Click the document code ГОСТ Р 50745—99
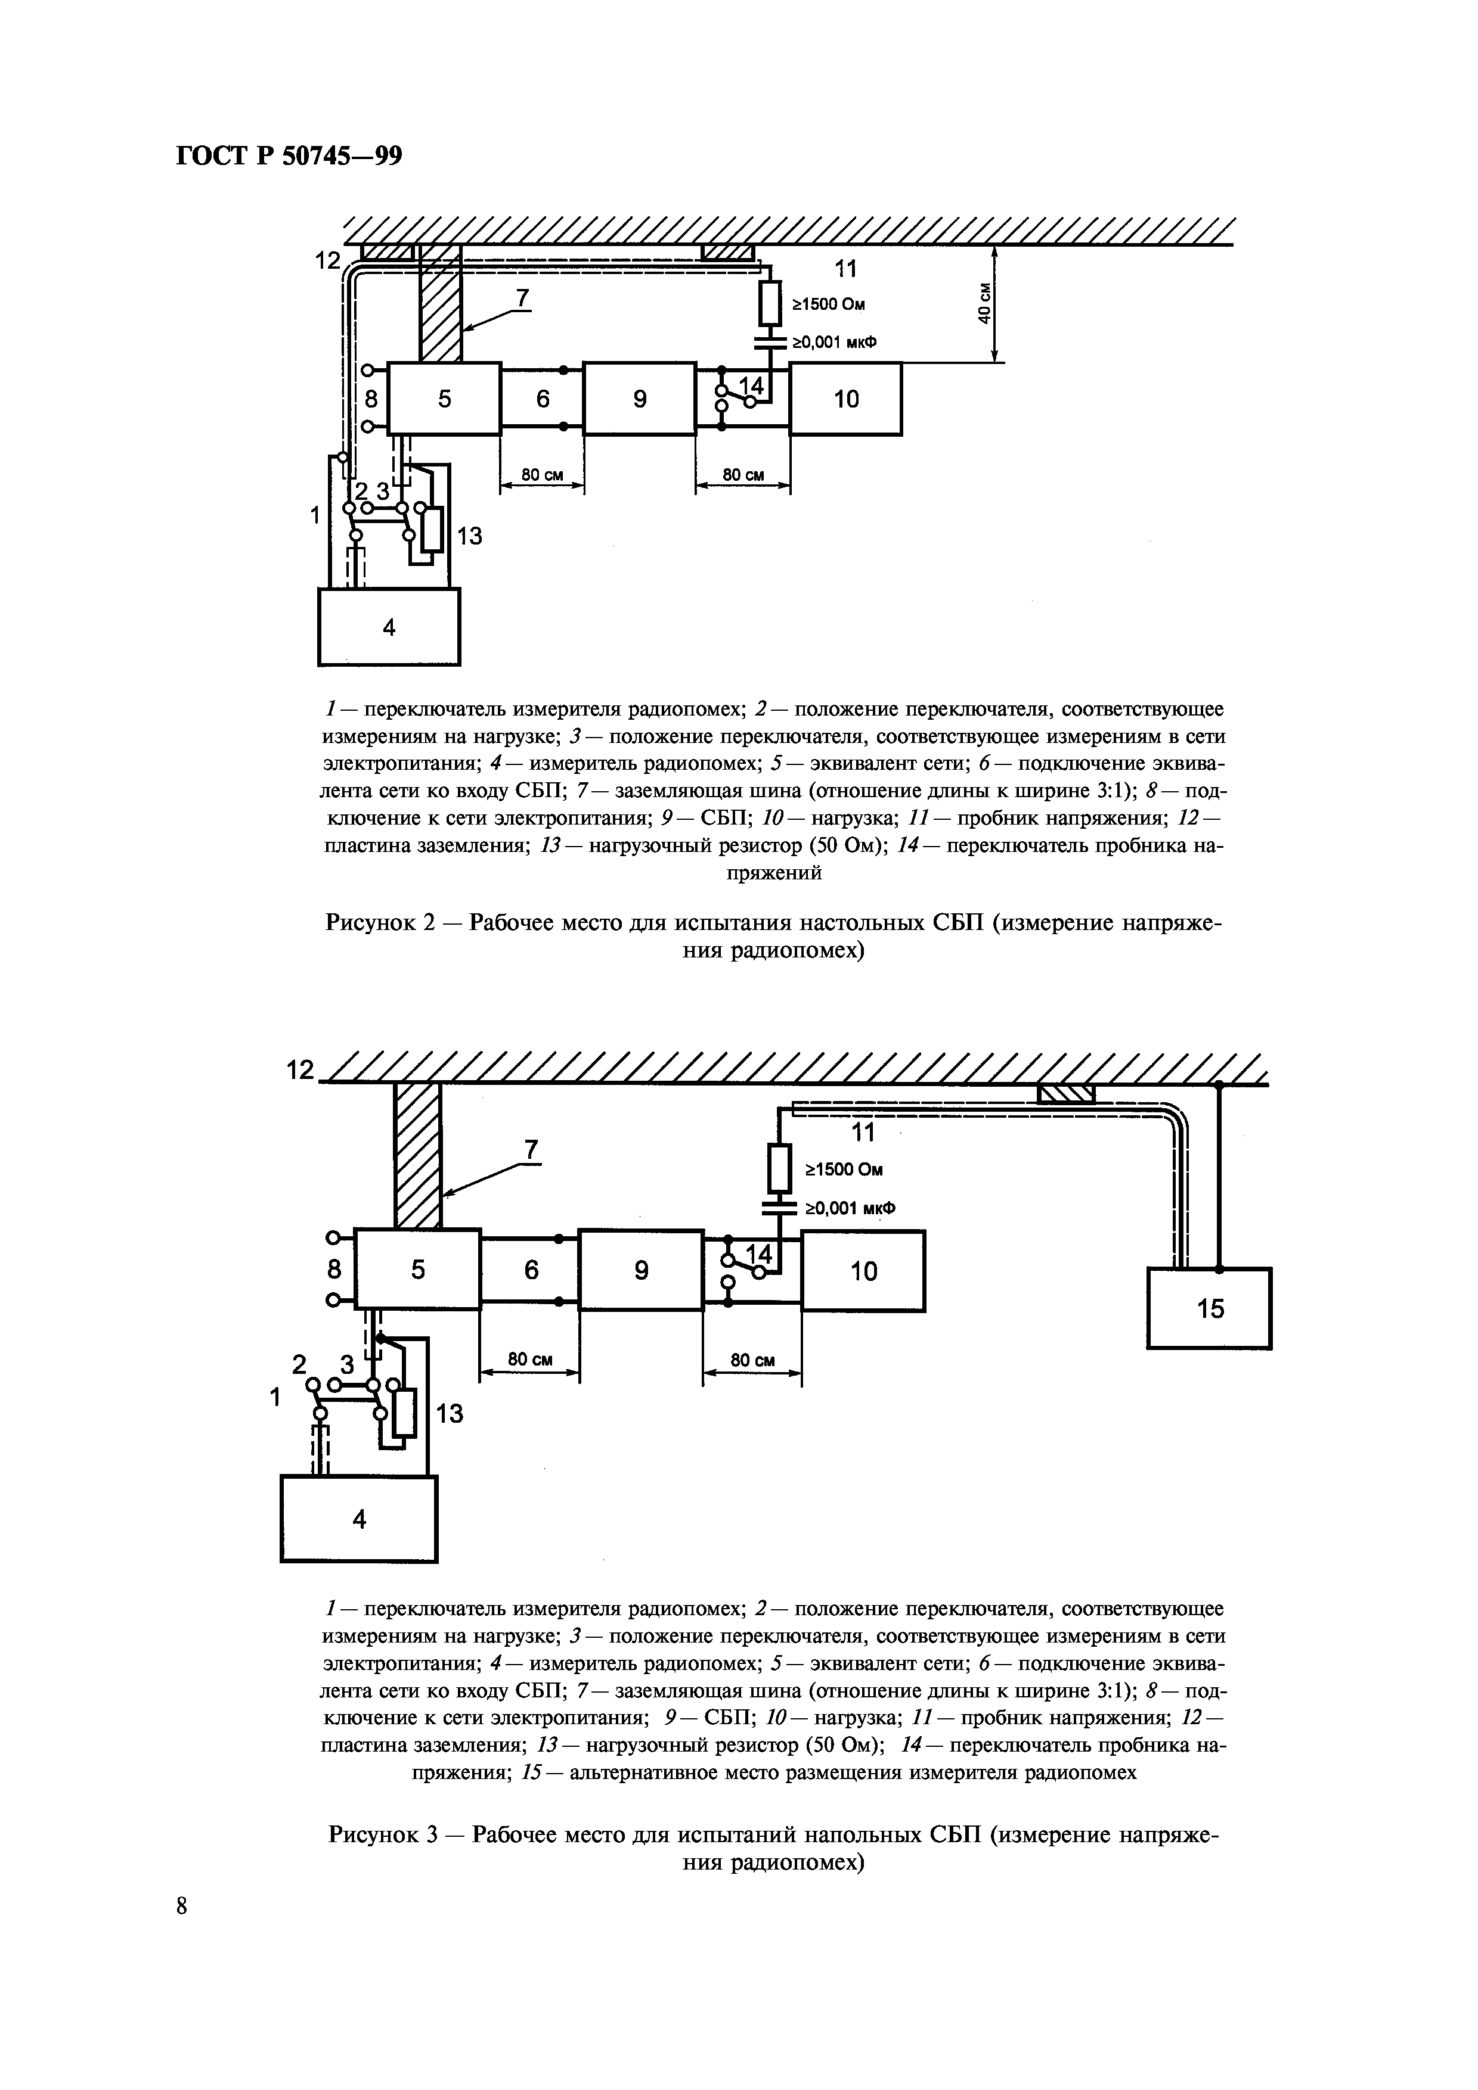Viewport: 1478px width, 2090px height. click(x=288, y=157)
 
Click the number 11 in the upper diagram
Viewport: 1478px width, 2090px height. click(x=846, y=269)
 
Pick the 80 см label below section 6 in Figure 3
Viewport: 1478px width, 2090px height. click(x=530, y=1359)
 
